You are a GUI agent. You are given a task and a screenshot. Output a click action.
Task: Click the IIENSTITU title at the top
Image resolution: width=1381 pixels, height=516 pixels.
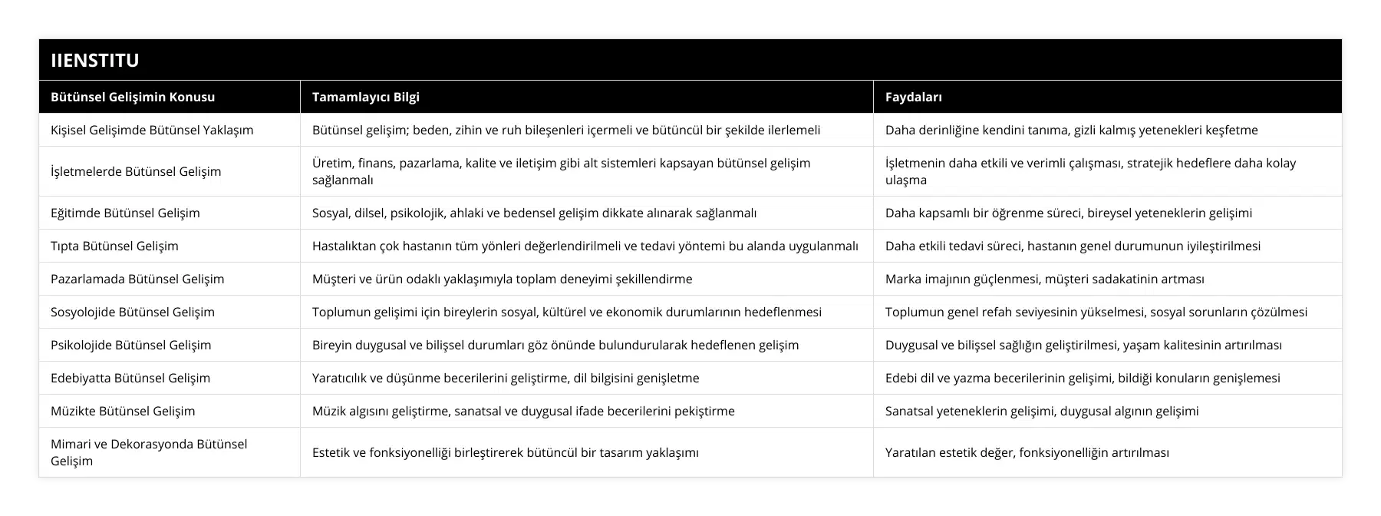[x=94, y=60]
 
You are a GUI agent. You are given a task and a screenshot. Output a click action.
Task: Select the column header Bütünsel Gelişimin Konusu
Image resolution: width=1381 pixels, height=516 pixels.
[x=133, y=97]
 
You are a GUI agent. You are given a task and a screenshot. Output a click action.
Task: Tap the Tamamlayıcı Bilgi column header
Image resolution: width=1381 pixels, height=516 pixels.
[x=366, y=97]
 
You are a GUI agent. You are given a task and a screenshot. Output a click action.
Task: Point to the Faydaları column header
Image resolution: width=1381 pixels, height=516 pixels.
[x=914, y=97]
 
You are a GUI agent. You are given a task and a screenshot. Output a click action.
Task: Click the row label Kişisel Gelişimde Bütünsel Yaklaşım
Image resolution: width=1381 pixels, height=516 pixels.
[x=152, y=130]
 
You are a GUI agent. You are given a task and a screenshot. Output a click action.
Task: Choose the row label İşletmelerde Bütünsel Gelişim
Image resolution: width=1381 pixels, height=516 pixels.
[x=136, y=171]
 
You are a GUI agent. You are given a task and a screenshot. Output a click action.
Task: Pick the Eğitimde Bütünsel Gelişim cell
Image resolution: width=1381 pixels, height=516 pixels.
[x=125, y=213]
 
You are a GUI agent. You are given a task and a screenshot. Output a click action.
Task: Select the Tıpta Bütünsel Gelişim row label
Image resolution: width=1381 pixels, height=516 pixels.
[x=114, y=246]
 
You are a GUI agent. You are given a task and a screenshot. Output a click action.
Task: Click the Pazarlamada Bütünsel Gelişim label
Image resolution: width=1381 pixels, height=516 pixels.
[x=137, y=279]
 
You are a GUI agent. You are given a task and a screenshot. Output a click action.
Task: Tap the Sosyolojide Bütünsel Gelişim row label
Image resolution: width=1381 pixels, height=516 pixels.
[x=133, y=312]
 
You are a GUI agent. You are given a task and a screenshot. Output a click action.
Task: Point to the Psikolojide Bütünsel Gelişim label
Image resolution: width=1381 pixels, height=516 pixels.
[x=130, y=345]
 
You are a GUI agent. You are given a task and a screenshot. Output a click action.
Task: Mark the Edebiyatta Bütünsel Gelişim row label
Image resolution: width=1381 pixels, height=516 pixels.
[x=130, y=378]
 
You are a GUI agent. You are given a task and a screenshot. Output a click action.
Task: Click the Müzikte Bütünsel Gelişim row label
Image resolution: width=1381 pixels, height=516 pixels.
[x=123, y=411]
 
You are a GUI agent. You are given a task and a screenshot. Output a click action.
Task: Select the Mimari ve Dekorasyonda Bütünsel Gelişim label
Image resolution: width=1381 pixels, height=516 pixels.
[x=149, y=452]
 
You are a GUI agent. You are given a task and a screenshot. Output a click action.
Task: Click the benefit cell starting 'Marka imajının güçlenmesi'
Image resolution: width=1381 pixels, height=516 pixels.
[x=1044, y=279]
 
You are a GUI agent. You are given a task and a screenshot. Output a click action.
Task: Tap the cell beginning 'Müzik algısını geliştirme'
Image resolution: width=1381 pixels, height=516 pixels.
[x=523, y=411]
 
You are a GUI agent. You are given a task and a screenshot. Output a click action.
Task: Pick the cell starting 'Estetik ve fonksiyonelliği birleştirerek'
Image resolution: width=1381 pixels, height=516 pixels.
[x=505, y=452]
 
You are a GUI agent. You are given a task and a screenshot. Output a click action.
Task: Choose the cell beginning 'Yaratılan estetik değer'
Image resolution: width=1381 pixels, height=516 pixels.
[x=1027, y=452]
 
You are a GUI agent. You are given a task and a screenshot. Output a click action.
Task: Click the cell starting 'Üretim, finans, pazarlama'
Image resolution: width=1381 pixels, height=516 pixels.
[x=561, y=171]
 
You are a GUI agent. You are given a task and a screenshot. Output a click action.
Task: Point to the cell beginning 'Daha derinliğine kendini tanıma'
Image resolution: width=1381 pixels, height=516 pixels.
[x=1071, y=130]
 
